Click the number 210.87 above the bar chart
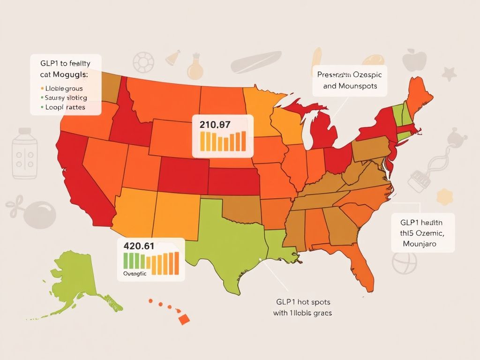[215, 125]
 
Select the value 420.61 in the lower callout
[139, 246]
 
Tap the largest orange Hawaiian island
[184, 319]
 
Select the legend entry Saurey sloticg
[66, 97]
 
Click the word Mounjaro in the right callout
[420, 244]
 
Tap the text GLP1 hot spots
[302, 302]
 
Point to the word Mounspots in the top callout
[357, 86]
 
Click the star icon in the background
[450, 73]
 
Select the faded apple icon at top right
[415, 60]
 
